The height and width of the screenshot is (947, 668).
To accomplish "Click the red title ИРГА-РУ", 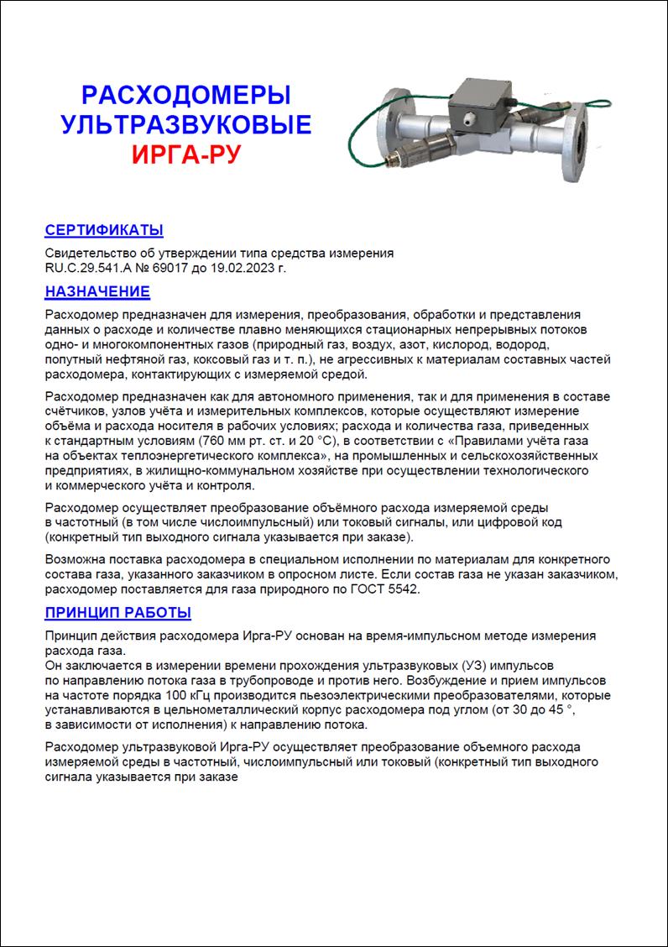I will click(186, 154).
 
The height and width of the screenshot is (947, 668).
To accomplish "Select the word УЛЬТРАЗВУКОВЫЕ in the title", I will click(186, 125).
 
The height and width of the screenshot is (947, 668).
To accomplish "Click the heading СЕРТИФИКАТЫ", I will click(103, 231).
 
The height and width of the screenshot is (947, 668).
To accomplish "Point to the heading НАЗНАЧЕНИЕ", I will click(97, 291).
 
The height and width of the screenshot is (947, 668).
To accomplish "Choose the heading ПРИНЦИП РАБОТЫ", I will click(117, 612).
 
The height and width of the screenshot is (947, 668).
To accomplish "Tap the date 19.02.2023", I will click(251, 268).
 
